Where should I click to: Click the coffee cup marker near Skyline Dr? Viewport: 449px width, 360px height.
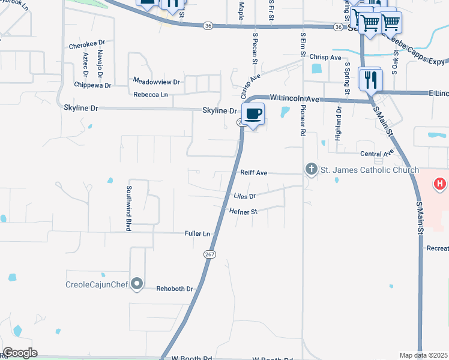253,114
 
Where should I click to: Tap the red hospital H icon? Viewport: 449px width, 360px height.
440,183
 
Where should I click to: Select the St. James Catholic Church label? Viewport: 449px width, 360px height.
369,170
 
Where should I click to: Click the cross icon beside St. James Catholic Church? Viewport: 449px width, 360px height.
311,170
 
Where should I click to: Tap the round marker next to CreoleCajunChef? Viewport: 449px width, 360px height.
137,283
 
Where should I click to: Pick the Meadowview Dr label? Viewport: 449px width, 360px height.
156,81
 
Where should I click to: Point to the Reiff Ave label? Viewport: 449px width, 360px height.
253,172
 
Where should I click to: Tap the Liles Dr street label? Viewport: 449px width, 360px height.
245,196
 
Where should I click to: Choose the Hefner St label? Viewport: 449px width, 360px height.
243,211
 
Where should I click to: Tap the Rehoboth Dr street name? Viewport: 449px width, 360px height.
174,289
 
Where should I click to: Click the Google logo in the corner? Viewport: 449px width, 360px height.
20,353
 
